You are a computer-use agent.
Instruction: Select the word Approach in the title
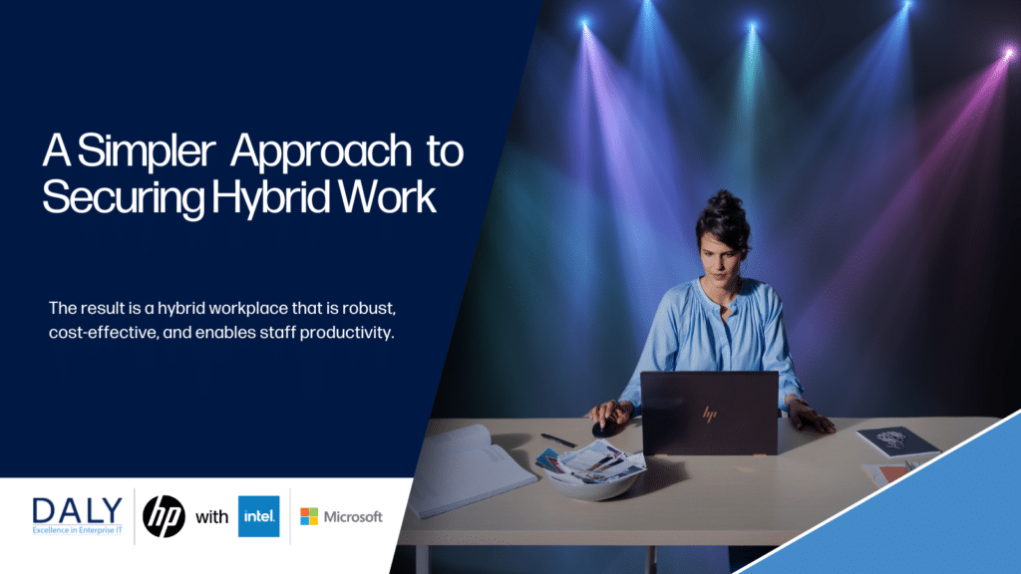click(321, 151)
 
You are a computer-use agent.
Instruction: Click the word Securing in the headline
click(124, 198)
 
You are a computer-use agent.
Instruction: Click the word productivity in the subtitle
click(346, 333)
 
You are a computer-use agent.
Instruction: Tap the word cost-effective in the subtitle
click(104, 333)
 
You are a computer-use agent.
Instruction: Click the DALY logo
click(78, 516)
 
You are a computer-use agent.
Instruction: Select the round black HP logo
click(165, 516)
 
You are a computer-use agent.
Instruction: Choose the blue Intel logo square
click(258, 516)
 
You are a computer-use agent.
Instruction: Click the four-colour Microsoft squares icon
click(309, 516)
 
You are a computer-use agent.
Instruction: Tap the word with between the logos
click(211, 517)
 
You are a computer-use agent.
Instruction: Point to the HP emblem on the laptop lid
click(710, 414)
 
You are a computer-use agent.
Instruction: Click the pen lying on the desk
click(558, 440)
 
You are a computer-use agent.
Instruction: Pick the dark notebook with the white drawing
click(898, 441)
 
